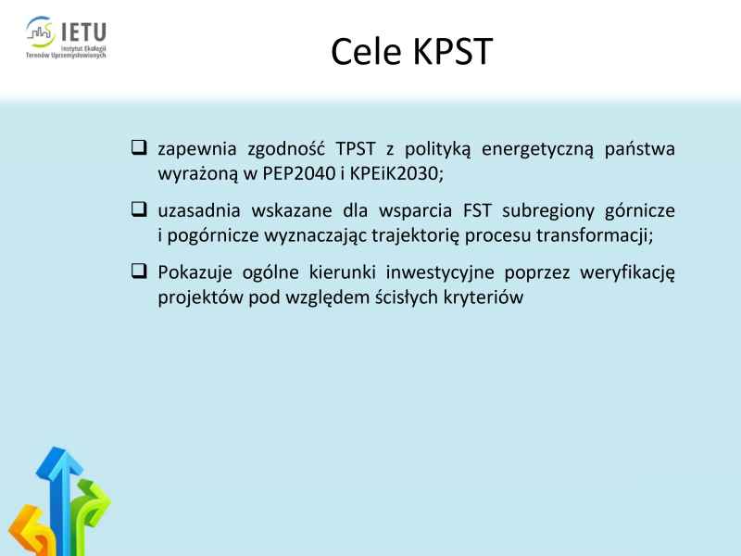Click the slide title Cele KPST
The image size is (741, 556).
tap(411, 51)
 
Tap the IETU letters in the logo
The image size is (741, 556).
tap(83, 32)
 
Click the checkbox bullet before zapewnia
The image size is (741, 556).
tap(139, 147)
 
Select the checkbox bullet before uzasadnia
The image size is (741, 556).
tap(139, 208)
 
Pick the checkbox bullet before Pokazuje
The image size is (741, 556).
tap(139, 271)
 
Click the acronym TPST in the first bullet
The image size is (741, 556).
tap(356, 148)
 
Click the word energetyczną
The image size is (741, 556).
tap(537, 149)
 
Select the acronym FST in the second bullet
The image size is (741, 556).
tap(477, 210)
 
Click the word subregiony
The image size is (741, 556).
tap(548, 211)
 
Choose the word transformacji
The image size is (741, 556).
tap(595, 235)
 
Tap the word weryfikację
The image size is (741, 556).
tap(627, 272)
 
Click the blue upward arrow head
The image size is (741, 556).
tap(59, 462)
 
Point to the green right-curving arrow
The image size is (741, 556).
tap(90, 506)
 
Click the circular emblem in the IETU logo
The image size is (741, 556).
tap(40, 32)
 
